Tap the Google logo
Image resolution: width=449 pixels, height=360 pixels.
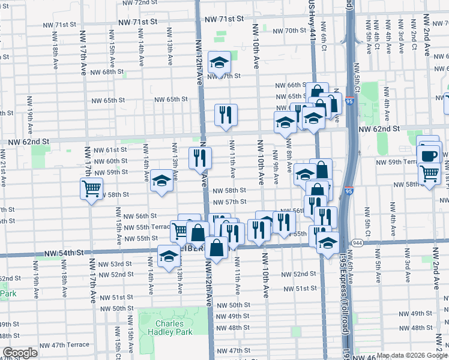point(20,353)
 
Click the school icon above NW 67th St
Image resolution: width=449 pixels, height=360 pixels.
point(220,62)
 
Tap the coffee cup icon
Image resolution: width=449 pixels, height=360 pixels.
point(429,157)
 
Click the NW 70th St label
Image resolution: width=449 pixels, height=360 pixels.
point(289,31)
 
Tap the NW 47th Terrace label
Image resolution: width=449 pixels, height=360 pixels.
point(65,345)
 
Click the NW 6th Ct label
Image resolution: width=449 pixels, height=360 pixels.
point(323,37)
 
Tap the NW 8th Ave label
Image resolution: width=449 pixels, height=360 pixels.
point(289,152)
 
